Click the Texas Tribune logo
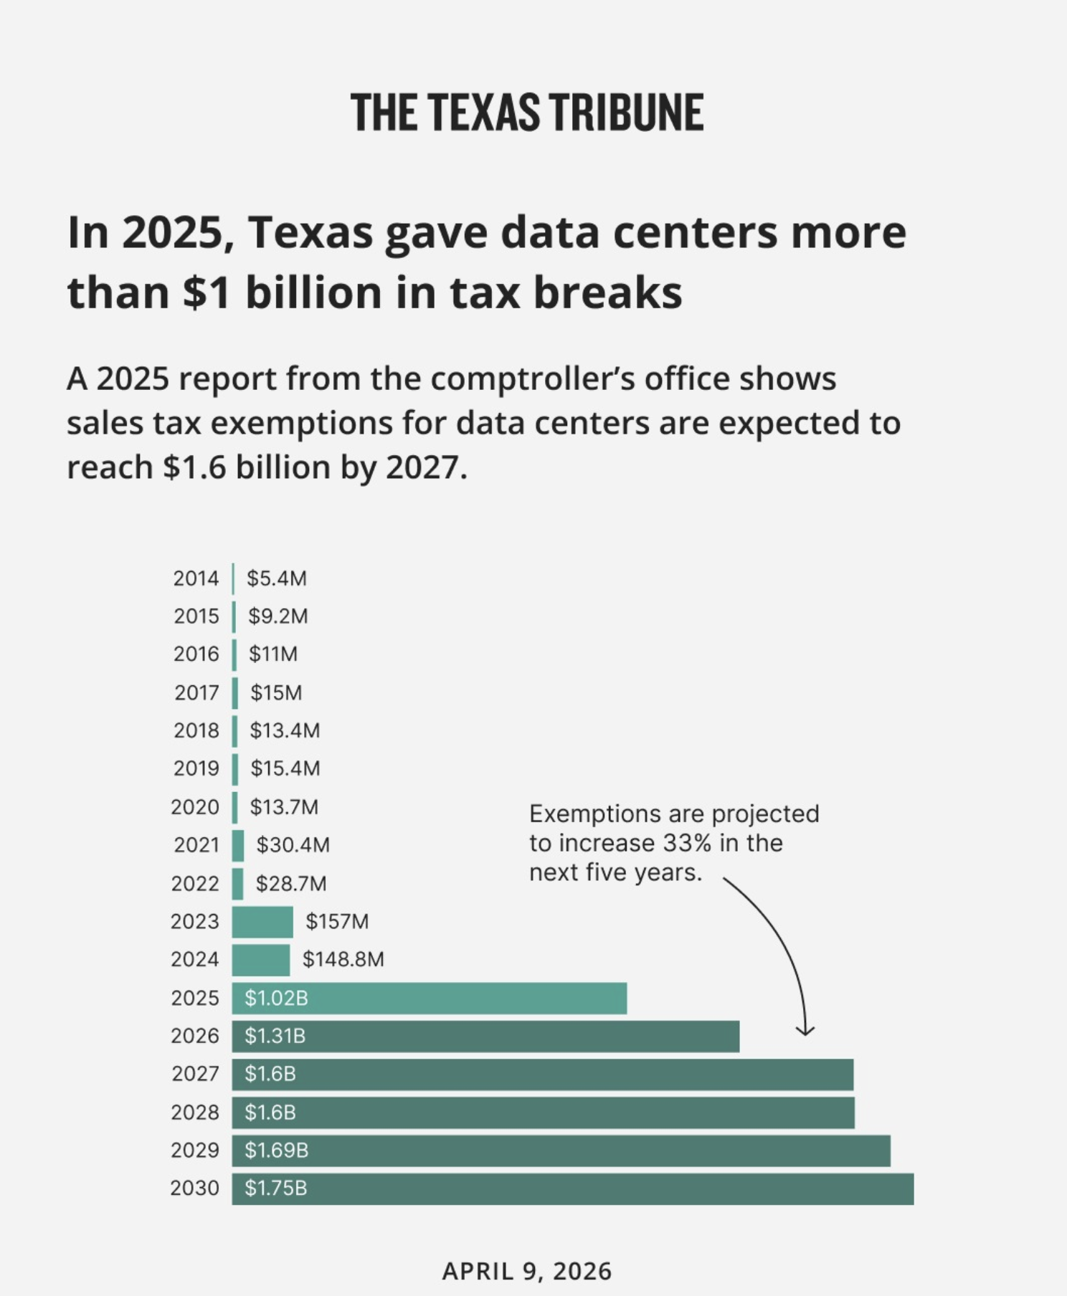(527, 113)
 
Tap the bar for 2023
(262, 922)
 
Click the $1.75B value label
(275, 1188)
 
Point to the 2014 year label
(196, 578)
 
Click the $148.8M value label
(343, 959)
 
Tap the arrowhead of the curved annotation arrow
(805, 1031)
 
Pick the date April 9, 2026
(527, 1271)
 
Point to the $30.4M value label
(293, 845)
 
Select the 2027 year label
(195, 1074)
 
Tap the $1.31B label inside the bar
(275, 1036)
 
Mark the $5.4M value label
(276, 578)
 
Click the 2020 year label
(195, 807)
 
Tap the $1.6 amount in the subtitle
(195, 468)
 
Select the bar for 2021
(238, 845)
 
